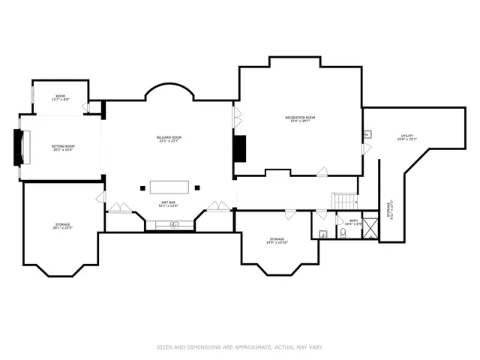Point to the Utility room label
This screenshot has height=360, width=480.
point(406,137)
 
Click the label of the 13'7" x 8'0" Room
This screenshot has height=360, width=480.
point(61,97)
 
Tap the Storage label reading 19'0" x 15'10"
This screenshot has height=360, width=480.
point(277,241)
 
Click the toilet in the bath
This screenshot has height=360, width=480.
point(342,233)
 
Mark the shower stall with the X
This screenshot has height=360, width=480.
point(370,232)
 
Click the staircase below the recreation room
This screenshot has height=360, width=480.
point(344,201)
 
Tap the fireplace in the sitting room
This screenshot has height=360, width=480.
point(20,148)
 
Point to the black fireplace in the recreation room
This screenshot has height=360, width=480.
point(240,148)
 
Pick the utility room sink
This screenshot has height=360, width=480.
point(368,135)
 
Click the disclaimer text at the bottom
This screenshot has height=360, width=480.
point(240,347)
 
